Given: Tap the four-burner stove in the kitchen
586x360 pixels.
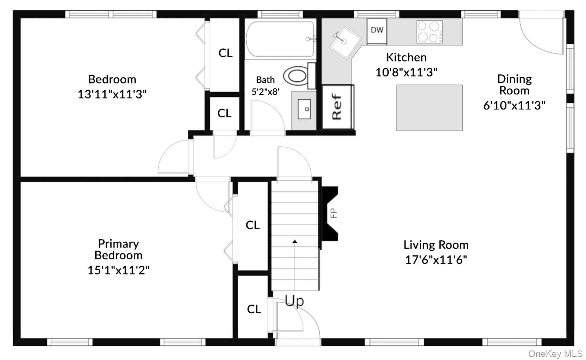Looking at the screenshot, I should pyautogui.click(x=429, y=32).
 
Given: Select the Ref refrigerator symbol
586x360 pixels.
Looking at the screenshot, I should pyautogui.click(x=337, y=107).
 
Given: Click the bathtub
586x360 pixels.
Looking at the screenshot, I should pyautogui.click(x=280, y=39).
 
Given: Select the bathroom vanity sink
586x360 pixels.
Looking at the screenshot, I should pyautogui.click(x=304, y=109).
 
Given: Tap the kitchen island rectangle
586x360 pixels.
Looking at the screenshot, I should pyautogui.click(x=429, y=108).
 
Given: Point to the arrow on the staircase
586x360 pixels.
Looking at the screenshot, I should pyautogui.click(x=295, y=242).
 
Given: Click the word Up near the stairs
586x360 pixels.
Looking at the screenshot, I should pyautogui.click(x=294, y=301).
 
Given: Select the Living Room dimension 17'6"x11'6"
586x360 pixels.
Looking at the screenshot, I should pyautogui.click(x=436, y=260).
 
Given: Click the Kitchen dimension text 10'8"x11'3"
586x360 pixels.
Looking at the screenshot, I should pyautogui.click(x=406, y=72).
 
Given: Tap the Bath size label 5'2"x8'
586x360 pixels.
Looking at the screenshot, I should pyautogui.click(x=265, y=92).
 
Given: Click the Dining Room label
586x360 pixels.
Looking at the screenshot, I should pyautogui.click(x=514, y=85).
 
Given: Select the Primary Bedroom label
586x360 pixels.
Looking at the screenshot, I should pyautogui.click(x=118, y=249).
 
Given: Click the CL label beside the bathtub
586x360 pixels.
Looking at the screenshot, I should pyautogui.click(x=225, y=53).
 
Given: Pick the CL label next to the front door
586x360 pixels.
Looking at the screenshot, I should pyautogui.click(x=254, y=309).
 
